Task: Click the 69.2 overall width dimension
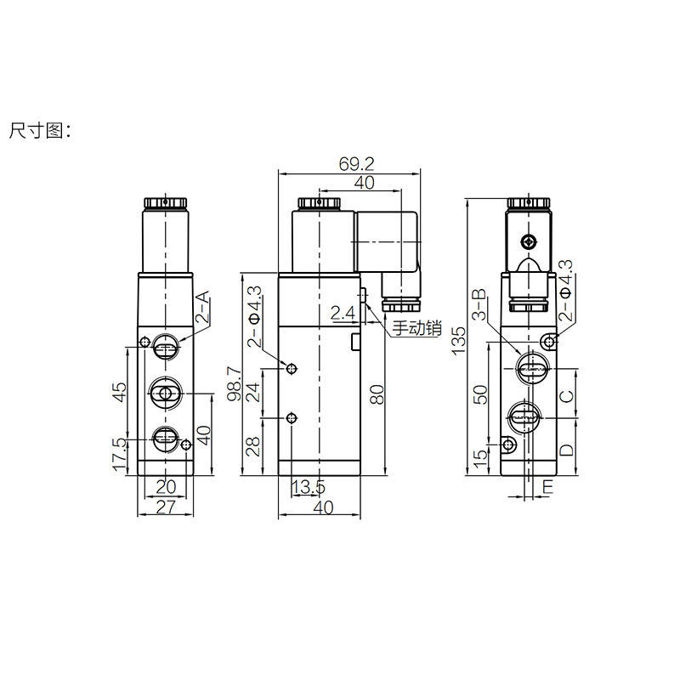(357, 164)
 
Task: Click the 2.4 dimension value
(343, 313)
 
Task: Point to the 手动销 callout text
(416, 328)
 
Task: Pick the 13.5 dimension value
(308, 487)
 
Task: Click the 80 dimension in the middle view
(378, 393)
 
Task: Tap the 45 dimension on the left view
(120, 392)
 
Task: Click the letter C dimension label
(568, 394)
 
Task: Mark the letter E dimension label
(548, 487)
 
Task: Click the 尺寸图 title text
(42, 132)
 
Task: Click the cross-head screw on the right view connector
(531, 241)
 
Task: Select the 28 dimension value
(252, 446)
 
